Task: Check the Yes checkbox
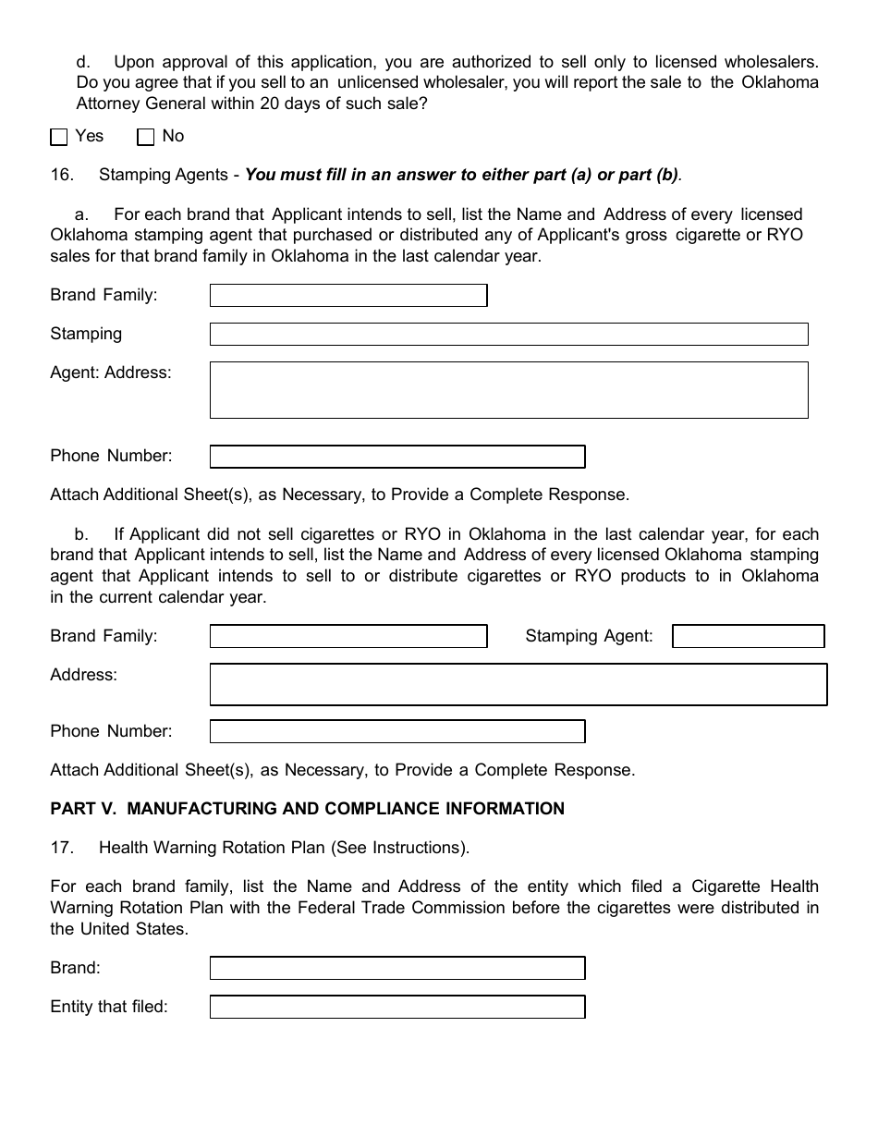[x=59, y=137]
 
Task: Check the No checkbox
[x=145, y=137]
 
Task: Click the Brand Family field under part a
[x=348, y=295]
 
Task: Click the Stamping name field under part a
[x=508, y=334]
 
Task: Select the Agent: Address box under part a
[x=508, y=389]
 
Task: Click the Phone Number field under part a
[x=397, y=457]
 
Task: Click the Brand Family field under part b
[x=348, y=636]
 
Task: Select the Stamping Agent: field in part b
[x=748, y=636]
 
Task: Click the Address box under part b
[x=518, y=684]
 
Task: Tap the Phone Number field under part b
[x=397, y=731]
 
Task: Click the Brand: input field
[x=397, y=968]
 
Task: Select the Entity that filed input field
[x=397, y=1007]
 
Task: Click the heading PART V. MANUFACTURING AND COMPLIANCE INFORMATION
[x=307, y=809]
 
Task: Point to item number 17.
[x=61, y=848]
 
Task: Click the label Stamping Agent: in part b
[x=589, y=636]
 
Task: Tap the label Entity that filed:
[x=109, y=1008]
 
